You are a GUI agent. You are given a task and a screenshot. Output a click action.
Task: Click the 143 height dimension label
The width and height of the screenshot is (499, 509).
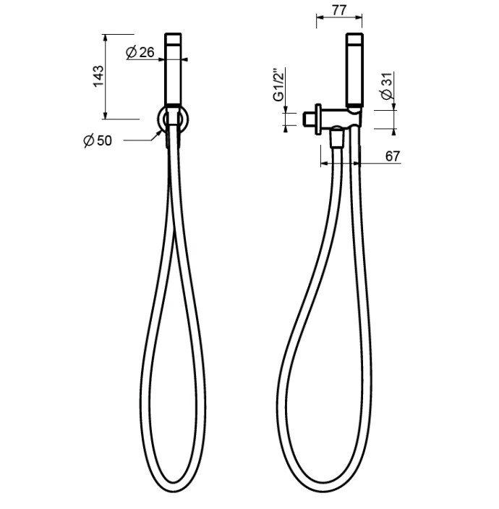coord(98,76)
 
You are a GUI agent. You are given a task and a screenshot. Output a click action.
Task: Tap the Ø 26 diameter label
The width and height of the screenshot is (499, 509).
coord(140,52)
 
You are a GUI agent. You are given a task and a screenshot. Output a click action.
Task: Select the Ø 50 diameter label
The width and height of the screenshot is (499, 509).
coord(98,140)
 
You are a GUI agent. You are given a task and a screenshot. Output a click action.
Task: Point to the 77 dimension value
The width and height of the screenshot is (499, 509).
coord(339,10)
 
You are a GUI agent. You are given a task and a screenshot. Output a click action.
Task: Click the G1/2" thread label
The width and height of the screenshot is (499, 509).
coord(279,85)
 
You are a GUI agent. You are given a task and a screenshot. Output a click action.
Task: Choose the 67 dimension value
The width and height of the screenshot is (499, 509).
coord(393,156)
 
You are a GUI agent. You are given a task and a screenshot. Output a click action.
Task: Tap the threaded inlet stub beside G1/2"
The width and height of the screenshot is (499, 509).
coord(310,119)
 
